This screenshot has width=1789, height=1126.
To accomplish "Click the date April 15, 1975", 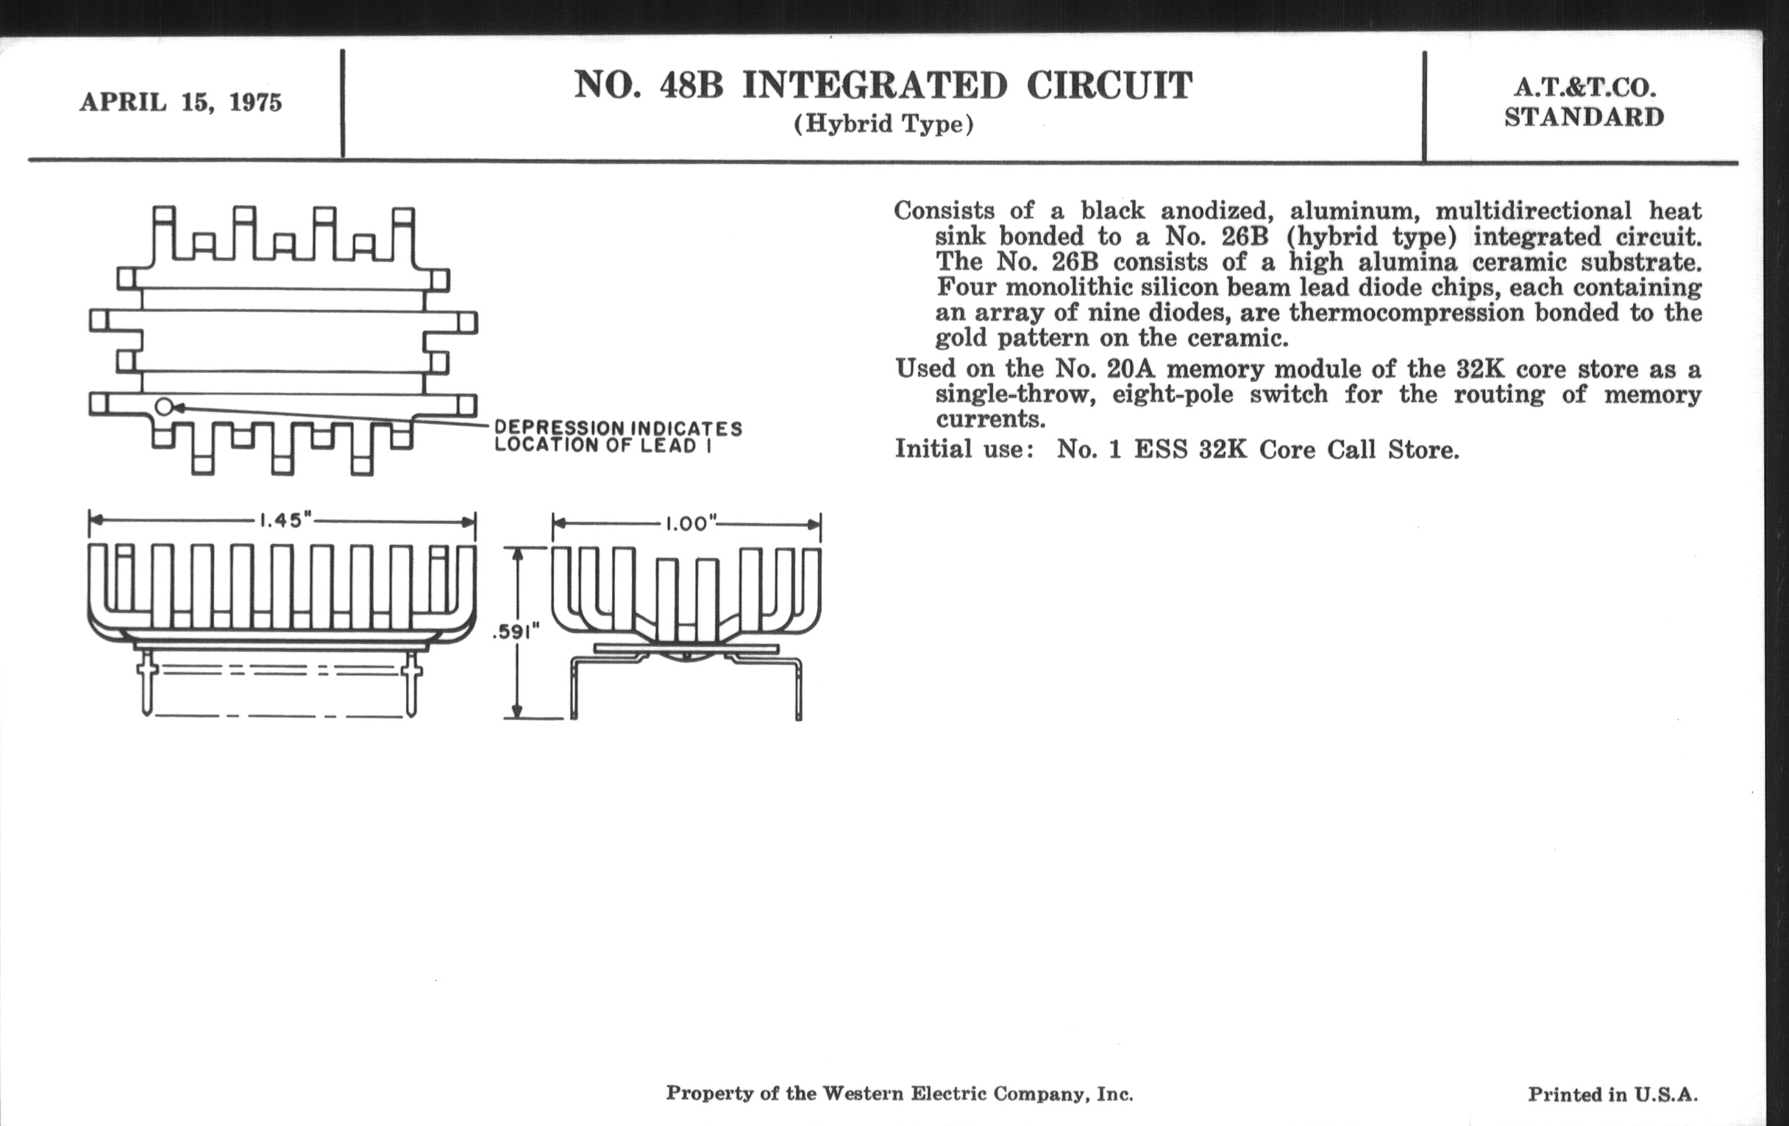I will [180, 102].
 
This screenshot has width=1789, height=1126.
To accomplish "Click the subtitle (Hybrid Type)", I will [883, 124].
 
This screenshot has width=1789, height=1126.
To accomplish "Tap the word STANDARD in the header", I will [1584, 118].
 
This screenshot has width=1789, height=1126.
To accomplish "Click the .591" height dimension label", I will [515, 632].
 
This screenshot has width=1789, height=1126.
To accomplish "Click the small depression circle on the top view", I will [164, 406].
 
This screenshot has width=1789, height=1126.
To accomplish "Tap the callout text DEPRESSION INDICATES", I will [618, 428].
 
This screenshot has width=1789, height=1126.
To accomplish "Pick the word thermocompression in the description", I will [1406, 312].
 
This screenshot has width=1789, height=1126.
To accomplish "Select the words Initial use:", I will [964, 449].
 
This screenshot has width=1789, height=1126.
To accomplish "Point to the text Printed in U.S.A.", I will [1612, 1094].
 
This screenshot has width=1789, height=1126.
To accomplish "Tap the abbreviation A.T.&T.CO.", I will [1585, 88].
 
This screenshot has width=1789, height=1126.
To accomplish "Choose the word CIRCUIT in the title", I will [1109, 85].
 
